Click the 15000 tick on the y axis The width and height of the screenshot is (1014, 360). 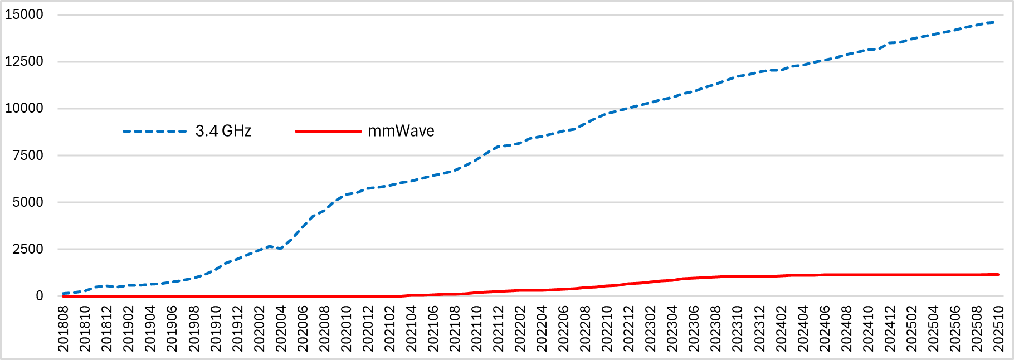point(24,15)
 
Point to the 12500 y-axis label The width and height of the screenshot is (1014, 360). point(24,62)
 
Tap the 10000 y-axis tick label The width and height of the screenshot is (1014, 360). point(24,109)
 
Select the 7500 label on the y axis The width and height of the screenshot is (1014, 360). point(28,155)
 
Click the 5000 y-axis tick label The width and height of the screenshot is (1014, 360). point(28,202)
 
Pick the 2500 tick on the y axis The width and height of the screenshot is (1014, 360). point(28,249)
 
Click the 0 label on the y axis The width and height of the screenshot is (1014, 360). point(40,296)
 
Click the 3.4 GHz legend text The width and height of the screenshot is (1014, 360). point(223,132)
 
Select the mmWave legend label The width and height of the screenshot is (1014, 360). point(401,132)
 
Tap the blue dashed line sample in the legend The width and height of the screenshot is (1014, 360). point(154,132)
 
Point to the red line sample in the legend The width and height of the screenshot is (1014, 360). point(328,132)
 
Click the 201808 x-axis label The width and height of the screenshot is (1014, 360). point(63,329)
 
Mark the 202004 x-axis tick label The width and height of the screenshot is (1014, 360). point(281,329)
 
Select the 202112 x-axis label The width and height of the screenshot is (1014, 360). point(498,329)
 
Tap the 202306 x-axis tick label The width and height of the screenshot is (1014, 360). point(694,329)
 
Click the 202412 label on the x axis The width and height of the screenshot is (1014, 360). point(890,329)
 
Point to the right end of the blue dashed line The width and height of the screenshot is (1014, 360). point(994,22)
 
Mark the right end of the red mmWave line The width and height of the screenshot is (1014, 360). point(998,274)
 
